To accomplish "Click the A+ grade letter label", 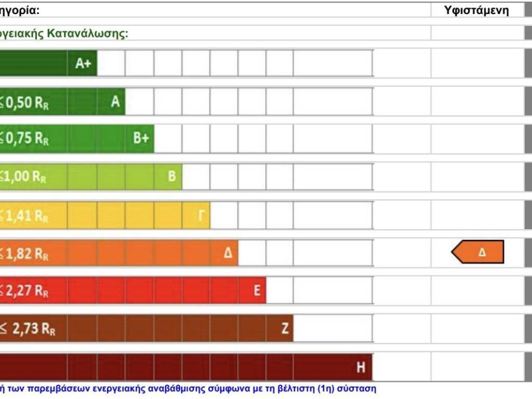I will [83, 63].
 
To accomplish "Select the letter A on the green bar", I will [115, 102].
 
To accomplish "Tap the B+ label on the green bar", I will [141, 139].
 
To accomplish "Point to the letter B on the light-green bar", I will [172, 177].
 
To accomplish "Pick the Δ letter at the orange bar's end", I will [228, 254].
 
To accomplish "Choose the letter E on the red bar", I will [257, 290].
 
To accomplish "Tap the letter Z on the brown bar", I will [285, 328].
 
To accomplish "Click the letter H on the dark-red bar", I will [361, 367].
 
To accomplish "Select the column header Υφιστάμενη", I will [476, 10].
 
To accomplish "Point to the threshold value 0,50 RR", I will [26, 102].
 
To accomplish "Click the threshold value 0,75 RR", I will [26, 139].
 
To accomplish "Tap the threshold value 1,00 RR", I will [24, 177].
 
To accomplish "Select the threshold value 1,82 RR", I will [26, 254].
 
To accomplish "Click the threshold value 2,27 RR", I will [26, 291].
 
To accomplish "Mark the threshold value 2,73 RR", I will [29, 329].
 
